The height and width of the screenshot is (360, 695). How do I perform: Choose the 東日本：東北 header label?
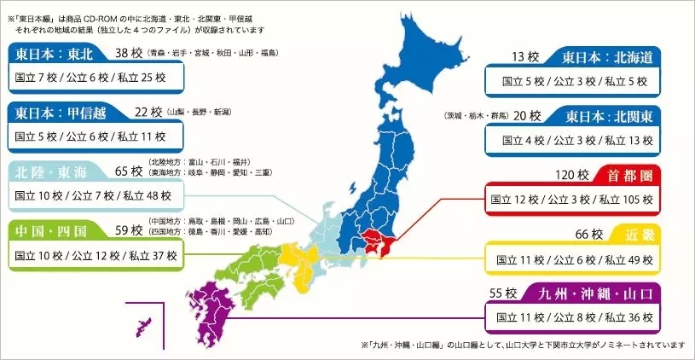pyautogui.click(x=59, y=53)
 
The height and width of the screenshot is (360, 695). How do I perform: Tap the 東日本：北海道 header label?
pyautogui.click(x=606, y=58)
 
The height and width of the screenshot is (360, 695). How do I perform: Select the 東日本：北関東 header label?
pyautogui.click(x=606, y=116)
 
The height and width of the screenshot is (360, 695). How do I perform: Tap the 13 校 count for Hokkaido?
pyautogui.click(x=524, y=58)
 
